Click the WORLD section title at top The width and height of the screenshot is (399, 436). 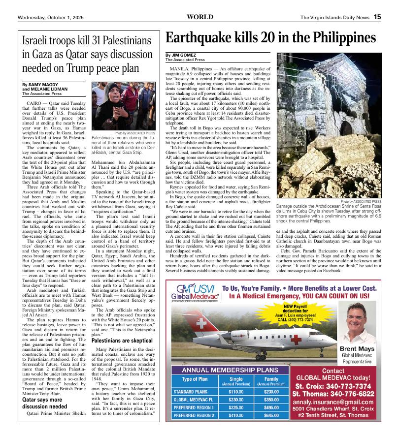pyautogui.click(x=200, y=17)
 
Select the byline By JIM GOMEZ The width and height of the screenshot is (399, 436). pyautogui.click(x=181, y=55)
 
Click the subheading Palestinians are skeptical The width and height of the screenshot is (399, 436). pyautogui.click(x=122, y=354)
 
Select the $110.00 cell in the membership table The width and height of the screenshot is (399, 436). pyautogui.click(x=236, y=391)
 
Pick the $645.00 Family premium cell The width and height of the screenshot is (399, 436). pyautogui.click(x=271, y=415)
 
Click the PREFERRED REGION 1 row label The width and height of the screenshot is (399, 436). pyautogui.click(x=194, y=407)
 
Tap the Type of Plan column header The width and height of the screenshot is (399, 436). pyautogui.click(x=195, y=379)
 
